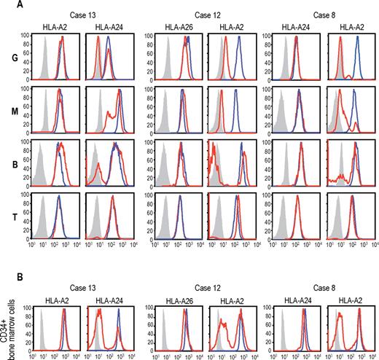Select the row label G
pyautogui.click(x=5, y=60)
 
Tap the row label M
pyautogui.click(x=5, y=110)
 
